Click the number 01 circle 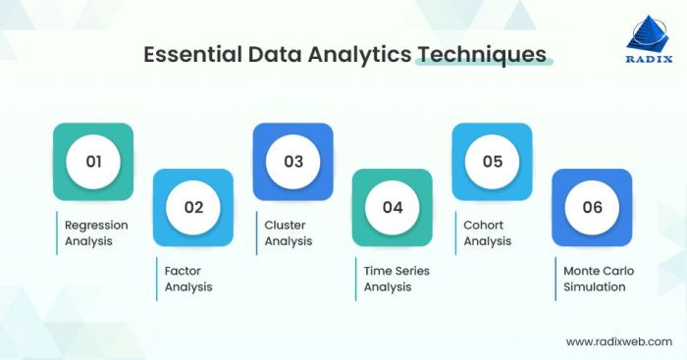pos(94,162)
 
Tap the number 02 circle pos(193,208)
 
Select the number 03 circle pos(293,162)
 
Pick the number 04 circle pos(393,208)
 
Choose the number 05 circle pos(492,162)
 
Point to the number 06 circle pos(591,208)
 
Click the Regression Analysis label pos(96,232)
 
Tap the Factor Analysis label pos(188,279)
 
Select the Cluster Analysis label pos(290,232)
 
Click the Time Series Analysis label pos(396,279)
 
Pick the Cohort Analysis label pos(488,232)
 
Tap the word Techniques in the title pos(481,54)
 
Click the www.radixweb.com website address pos(619,341)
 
